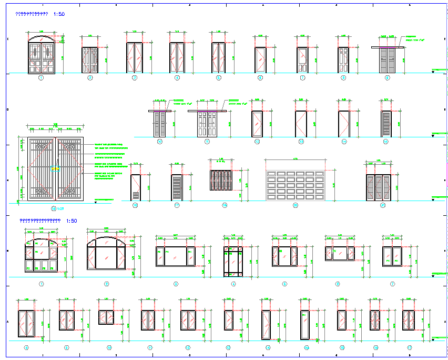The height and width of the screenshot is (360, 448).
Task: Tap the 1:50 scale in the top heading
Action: click(59, 15)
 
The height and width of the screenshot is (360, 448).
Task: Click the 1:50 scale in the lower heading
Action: click(72, 221)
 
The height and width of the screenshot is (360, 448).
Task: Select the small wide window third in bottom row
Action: click(106, 317)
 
